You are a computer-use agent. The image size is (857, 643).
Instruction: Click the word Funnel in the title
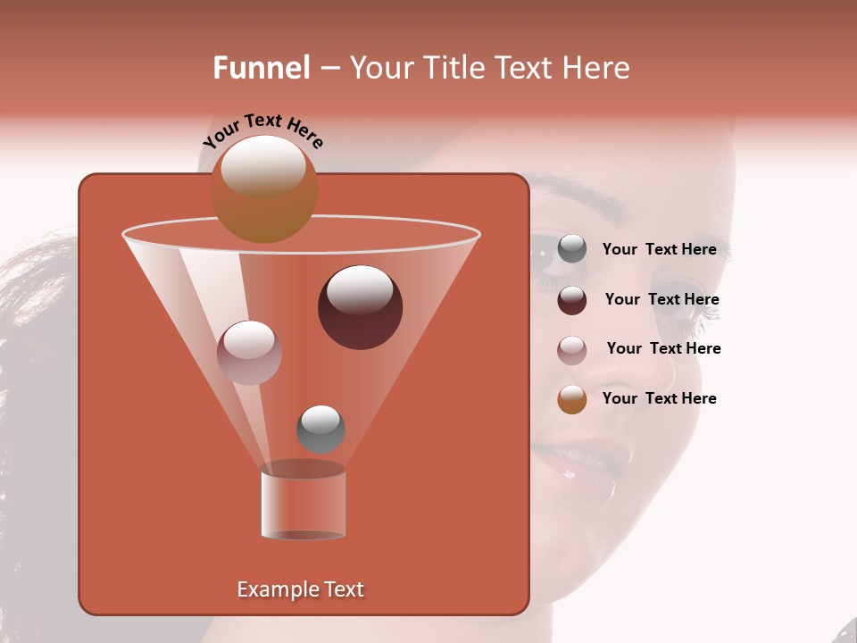pos(261,68)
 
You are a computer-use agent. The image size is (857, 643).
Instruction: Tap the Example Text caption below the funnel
pos(300,589)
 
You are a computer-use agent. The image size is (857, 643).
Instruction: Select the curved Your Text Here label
pos(263,130)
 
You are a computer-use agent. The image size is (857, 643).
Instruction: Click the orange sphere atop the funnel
pos(263,189)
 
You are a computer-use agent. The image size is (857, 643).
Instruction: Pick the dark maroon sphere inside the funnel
pos(360,306)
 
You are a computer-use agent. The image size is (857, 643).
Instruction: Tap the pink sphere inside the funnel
pos(249,353)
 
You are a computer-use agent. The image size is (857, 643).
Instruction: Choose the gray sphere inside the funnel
pos(320,429)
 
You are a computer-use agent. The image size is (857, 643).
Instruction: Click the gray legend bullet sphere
pos(572,249)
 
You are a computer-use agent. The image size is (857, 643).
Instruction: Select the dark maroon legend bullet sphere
pos(572,299)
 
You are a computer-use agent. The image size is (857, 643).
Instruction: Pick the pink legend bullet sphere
pos(572,349)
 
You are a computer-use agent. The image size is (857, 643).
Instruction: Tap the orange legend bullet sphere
pos(572,399)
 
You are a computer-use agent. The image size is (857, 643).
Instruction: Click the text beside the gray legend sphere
pos(659,250)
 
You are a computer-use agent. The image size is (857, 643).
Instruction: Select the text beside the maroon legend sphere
pos(661,299)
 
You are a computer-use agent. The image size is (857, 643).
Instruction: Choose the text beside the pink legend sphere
pos(663,348)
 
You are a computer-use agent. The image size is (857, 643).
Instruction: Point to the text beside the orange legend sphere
pos(659,398)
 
